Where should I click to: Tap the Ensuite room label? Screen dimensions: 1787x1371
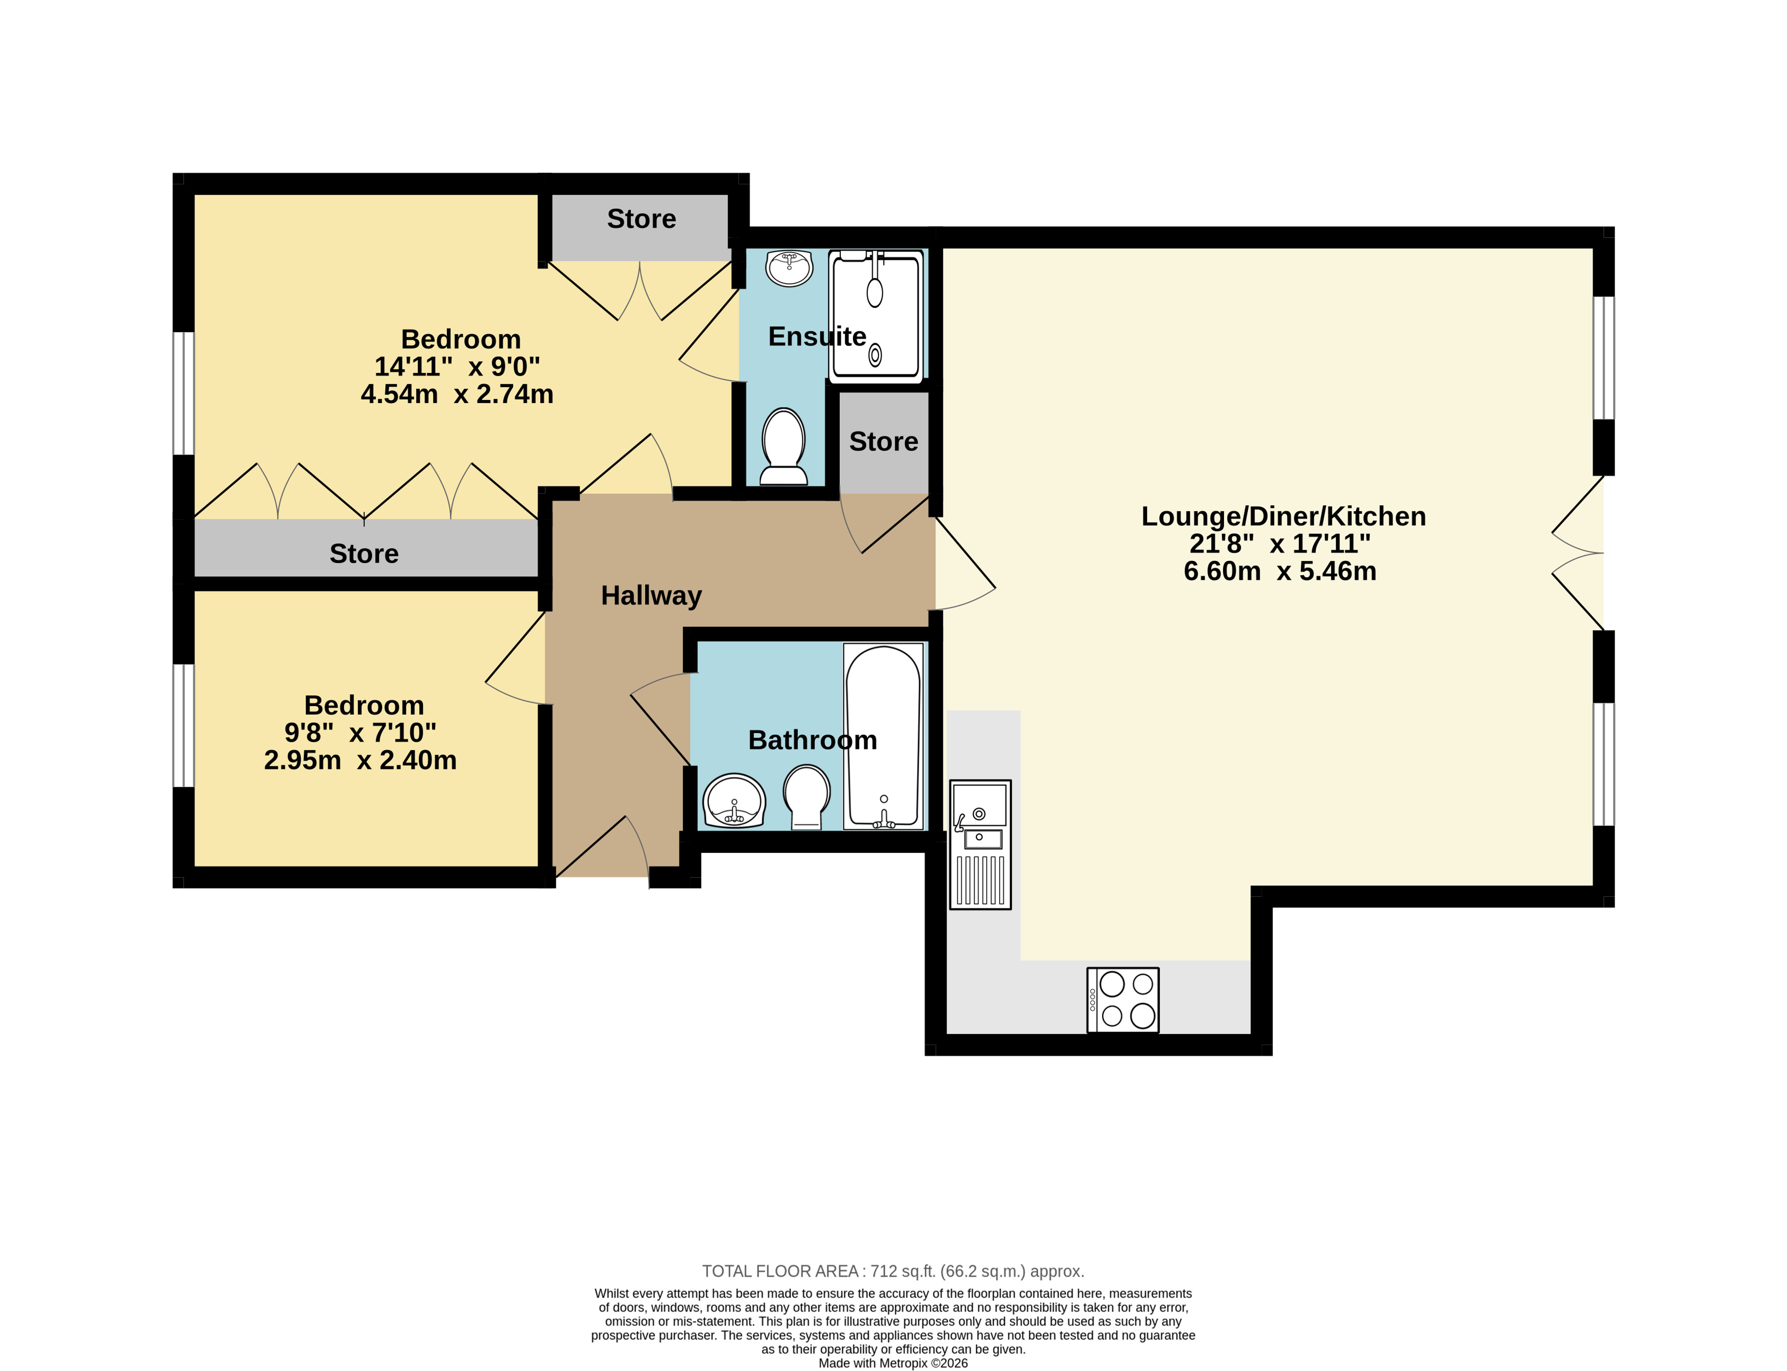coord(817,336)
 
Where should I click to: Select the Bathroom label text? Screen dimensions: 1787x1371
coord(813,740)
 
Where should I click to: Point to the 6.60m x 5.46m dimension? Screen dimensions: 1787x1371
coord(1279,571)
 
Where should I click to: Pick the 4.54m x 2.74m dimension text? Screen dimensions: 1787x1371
coord(457,394)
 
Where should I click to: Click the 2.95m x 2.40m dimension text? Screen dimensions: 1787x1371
coord(360,761)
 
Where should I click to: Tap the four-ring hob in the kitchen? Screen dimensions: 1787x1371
coord(1123,1001)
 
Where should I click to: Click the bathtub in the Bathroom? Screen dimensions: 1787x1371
coord(884,737)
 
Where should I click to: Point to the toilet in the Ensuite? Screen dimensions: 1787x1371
coord(783,447)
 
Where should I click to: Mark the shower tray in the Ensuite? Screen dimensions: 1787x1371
coord(876,316)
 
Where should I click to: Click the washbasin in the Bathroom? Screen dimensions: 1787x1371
coord(734,800)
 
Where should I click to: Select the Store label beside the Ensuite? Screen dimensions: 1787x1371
coord(884,442)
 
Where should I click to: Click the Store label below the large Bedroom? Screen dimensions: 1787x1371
coord(364,554)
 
